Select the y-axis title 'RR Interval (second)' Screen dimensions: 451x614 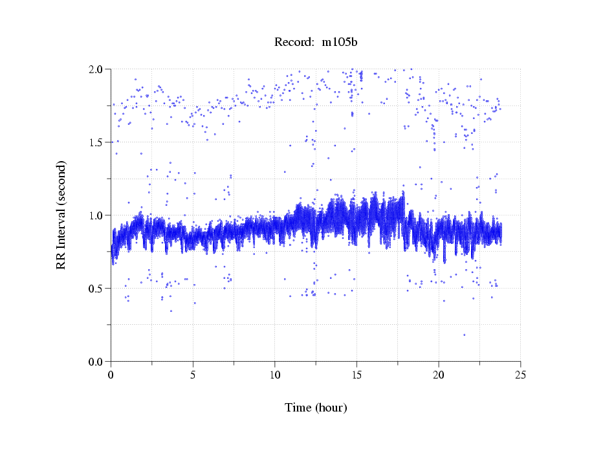[x=61, y=215]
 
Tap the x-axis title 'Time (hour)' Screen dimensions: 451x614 [x=316, y=408]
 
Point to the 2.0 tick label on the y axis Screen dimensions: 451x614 [x=98, y=69]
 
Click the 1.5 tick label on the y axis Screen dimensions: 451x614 [x=98, y=142]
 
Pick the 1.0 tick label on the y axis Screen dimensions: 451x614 [x=98, y=215]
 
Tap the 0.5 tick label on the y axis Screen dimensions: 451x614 [x=98, y=289]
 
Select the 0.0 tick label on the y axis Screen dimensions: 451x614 [x=98, y=362]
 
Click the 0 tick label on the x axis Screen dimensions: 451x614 [x=111, y=375]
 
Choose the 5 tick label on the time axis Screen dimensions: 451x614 [x=193, y=375]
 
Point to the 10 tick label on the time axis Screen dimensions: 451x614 [x=275, y=375]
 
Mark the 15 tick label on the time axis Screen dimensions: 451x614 [x=356, y=375]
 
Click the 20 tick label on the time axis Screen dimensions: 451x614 [x=439, y=375]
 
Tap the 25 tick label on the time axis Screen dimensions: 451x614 [x=520, y=375]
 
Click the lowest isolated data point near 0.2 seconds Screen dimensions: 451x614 [x=464, y=335]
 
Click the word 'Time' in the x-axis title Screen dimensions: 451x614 [x=298, y=408]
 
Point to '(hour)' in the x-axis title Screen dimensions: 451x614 [x=331, y=408]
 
